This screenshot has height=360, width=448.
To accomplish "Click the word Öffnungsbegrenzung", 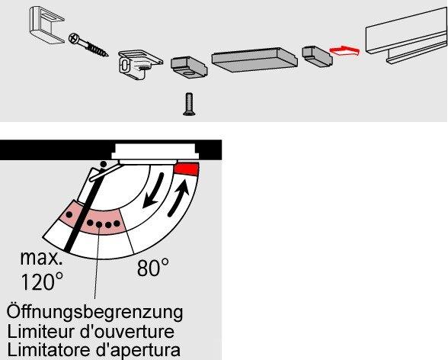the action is click(x=94, y=312).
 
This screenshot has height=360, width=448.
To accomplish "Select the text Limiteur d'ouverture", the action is click(x=91, y=332).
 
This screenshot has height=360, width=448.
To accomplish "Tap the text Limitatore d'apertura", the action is click(x=94, y=350).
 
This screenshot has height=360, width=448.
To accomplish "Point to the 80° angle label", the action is click(x=152, y=268).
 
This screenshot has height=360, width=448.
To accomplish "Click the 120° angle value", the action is click(x=42, y=281).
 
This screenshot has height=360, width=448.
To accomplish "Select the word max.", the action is click(x=41, y=259).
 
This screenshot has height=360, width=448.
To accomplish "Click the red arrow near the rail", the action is click(x=344, y=50).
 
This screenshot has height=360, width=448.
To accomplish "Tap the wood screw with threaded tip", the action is click(x=88, y=44).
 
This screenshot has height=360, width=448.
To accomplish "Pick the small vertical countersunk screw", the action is click(x=189, y=104).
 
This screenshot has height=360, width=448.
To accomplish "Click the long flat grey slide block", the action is click(x=254, y=59).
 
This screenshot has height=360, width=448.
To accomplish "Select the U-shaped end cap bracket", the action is click(x=46, y=24).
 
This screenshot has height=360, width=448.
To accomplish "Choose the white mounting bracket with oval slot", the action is click(x=139, y=65).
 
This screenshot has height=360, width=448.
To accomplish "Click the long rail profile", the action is click(x=406, y=36).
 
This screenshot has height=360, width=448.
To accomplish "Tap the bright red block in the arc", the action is click(x=187, y=169).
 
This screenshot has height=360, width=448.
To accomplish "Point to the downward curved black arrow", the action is click(x=153, y=190).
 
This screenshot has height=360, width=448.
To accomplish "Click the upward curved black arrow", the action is click(x=178, y=198).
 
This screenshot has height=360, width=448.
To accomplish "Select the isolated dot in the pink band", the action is click(x=69, y=214).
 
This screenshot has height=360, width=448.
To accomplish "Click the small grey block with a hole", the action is click(x=189, y=66).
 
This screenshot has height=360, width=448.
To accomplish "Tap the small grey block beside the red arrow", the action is click(x=317, y=55).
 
